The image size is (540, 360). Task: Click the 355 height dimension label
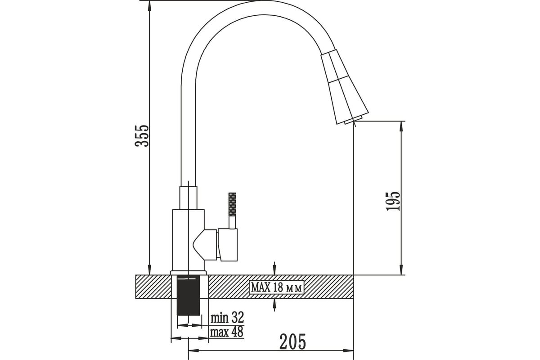click(142, 136)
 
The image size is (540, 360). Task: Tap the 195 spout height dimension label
click(392, 201)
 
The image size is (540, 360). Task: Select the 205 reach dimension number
click(292, 342)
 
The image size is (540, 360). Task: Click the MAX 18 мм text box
click(276, 287)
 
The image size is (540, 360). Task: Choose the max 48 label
click(227, 332)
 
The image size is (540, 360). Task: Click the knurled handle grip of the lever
click(232, 204)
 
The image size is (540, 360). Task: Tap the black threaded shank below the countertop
click(188, 296)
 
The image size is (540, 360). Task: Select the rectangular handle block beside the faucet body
click(228, 245)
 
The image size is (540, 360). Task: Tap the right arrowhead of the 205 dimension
click(348, 357)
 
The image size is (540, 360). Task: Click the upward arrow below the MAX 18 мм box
click(274, 305)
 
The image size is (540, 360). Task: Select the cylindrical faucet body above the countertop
click(188, 240)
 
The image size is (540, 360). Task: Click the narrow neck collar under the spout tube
click(188, 198)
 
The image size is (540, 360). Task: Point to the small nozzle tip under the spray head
click(354, 120)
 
